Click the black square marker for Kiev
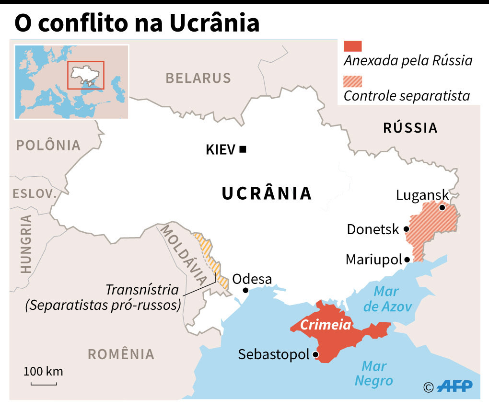click(x=243, y=149)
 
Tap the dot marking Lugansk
click(x=442, y=207)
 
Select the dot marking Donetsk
click(x=407, y=229)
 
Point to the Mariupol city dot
click(x=407, y=260)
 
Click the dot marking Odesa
click(x=245, y=290)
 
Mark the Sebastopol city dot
click(x=315, y=355)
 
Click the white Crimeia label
click(x=326, y=325)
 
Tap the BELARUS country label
click(x=198, y=78)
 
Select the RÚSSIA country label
click(x=410, y=128)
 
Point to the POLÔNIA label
click(x=48, y=145)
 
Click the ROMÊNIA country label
click(x=121, y=354)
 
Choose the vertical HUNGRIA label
click(x=26, y=244)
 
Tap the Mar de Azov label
click(x=387, y=299)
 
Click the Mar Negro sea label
click(x=373, y=374)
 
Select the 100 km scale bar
click(x=44, y=383)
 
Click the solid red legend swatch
click(x=353, y=46)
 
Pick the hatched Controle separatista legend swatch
click(x=353, y=81)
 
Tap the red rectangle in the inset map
click(x=86, y=75)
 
